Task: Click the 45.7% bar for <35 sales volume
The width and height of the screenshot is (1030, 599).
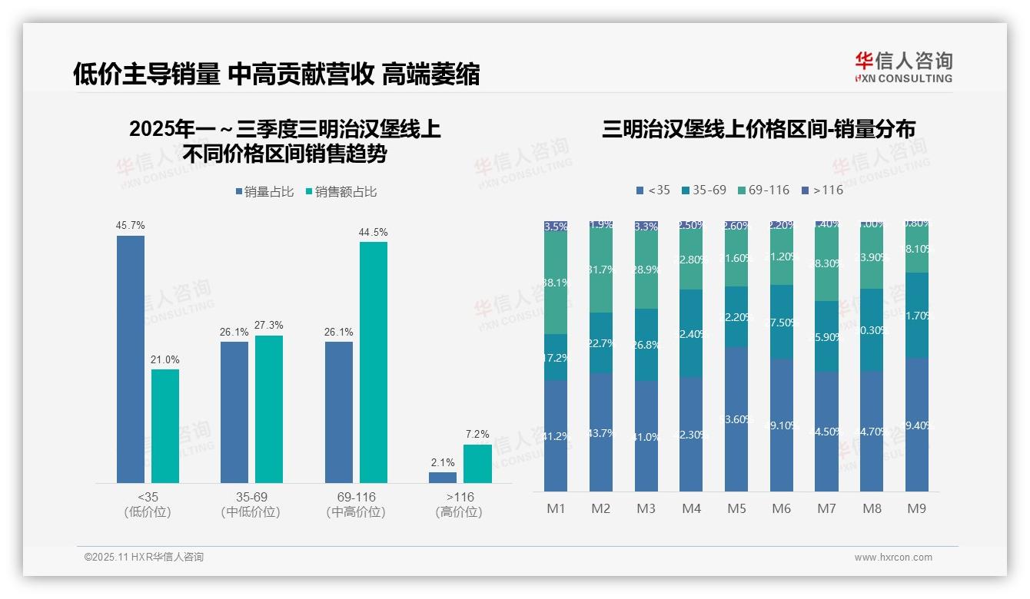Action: [131, 359]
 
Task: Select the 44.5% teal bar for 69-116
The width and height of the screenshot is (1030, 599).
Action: [374, 362]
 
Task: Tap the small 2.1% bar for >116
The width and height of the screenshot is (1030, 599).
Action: [443, 477]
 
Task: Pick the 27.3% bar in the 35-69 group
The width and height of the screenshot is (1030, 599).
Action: [269, 409]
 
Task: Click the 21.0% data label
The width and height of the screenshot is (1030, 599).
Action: [165, 359]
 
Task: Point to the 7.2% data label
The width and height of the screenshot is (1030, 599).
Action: [477, 435]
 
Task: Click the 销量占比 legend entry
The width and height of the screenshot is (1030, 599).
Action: [264, 192]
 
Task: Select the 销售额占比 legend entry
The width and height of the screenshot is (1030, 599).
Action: [341, 192]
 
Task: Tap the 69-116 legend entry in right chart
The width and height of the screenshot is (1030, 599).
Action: [763, 190]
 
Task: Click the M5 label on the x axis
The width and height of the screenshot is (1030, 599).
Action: [736, 508]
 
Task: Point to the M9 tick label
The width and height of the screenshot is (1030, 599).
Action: [916, 508]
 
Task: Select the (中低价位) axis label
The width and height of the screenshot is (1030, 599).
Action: [251, 512]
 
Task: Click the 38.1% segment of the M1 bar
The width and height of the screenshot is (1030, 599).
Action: [556, 283]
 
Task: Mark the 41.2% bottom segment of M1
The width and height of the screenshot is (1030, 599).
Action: [556, 435]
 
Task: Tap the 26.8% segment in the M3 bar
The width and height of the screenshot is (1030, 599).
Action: [646, 345]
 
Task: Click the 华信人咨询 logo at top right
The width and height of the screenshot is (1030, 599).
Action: [903, 67]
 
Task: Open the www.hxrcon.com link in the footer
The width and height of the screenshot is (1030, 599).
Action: [893, 558]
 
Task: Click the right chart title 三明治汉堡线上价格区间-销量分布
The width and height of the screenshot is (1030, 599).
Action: [759, 129]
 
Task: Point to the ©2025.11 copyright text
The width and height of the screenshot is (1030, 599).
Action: [144, 558]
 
